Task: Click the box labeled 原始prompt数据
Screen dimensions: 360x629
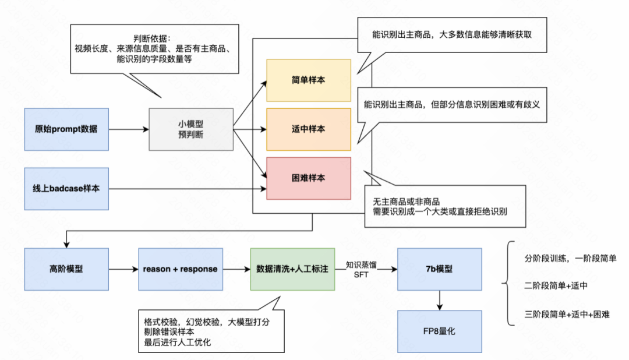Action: (66, 129)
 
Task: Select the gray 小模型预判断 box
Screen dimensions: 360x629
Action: (190, 129)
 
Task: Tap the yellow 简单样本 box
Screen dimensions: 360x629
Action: (308, 80)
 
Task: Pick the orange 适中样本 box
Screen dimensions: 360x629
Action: (308, 129)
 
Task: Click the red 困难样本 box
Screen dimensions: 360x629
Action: (308, 178)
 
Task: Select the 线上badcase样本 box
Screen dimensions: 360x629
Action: (66, 189)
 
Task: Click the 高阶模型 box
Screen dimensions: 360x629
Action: (66, 269)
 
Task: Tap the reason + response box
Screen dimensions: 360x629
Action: (180, 269)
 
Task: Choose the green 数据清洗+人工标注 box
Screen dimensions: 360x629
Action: (292, 269)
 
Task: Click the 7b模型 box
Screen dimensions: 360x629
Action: (440, 269)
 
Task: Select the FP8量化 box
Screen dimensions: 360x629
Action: (440, 331)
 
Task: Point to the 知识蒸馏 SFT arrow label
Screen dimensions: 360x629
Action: (362, 269)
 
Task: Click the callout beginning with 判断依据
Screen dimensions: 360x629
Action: (154, 49)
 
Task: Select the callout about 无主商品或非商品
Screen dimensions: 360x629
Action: (445, 206)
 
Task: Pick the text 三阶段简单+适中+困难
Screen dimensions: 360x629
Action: (567, 315)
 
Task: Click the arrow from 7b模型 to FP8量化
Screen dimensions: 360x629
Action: (440, 300)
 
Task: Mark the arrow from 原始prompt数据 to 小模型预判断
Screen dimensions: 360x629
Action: (129, 129)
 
